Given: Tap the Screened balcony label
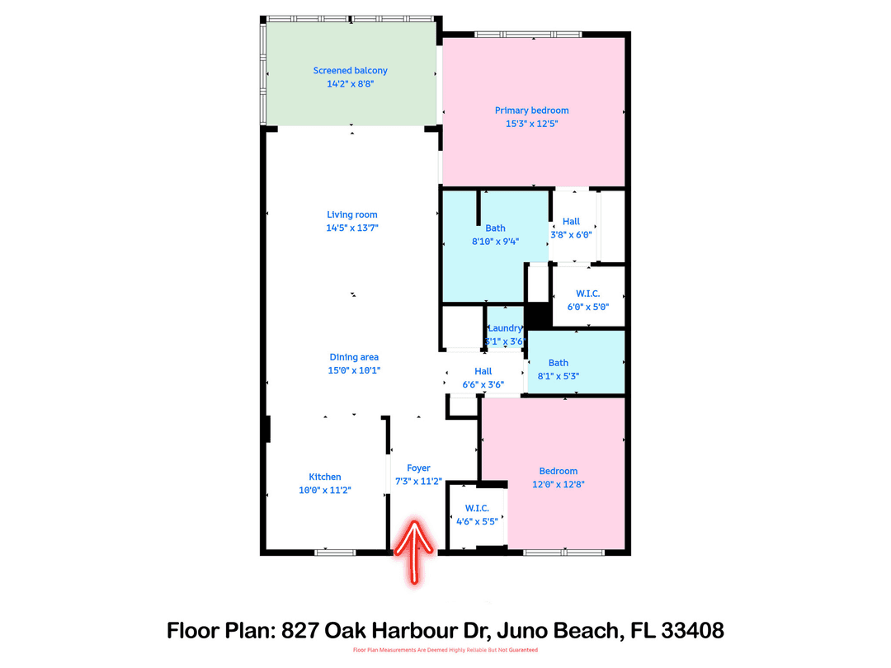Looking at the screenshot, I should pyautogui.click(x=350, y=71).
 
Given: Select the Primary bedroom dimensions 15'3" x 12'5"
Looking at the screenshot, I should pyautogui.click(x=531, y=124).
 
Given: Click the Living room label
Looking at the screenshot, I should pyautogui.click(x=351, y=214).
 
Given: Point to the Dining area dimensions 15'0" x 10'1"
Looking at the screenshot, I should pyautogui.click(x=354, y=370).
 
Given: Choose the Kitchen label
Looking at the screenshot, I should pyautogui.click(x=325, y=477).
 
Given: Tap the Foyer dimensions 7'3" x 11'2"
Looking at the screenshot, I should pyautogui.click(x=418, y=482).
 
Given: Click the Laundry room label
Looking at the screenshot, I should pyautogui.click(x=505, y=328).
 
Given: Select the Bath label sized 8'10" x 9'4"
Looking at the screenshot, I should pyautogui.click(x=495, y=228).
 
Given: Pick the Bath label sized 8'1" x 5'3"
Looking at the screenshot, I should pyautogui.click(x=559, y=363).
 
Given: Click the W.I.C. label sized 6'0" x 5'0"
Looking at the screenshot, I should pyautogui.click(x=587, y=294).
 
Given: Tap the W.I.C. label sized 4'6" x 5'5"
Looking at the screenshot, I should pyautogui.click(x=476, y=508).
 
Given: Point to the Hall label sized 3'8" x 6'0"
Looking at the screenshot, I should pyautogui.click(x=571, y=221).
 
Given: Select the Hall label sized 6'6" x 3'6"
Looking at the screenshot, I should pyautogui.click(x=483, y=372).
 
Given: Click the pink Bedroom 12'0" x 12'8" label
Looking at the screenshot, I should pyautogui.click(x=559, y=472).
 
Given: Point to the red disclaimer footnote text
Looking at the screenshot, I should pyautogui.click(x=445, y=651).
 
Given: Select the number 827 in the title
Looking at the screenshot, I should pyautogui.click(x=302, y=631).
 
